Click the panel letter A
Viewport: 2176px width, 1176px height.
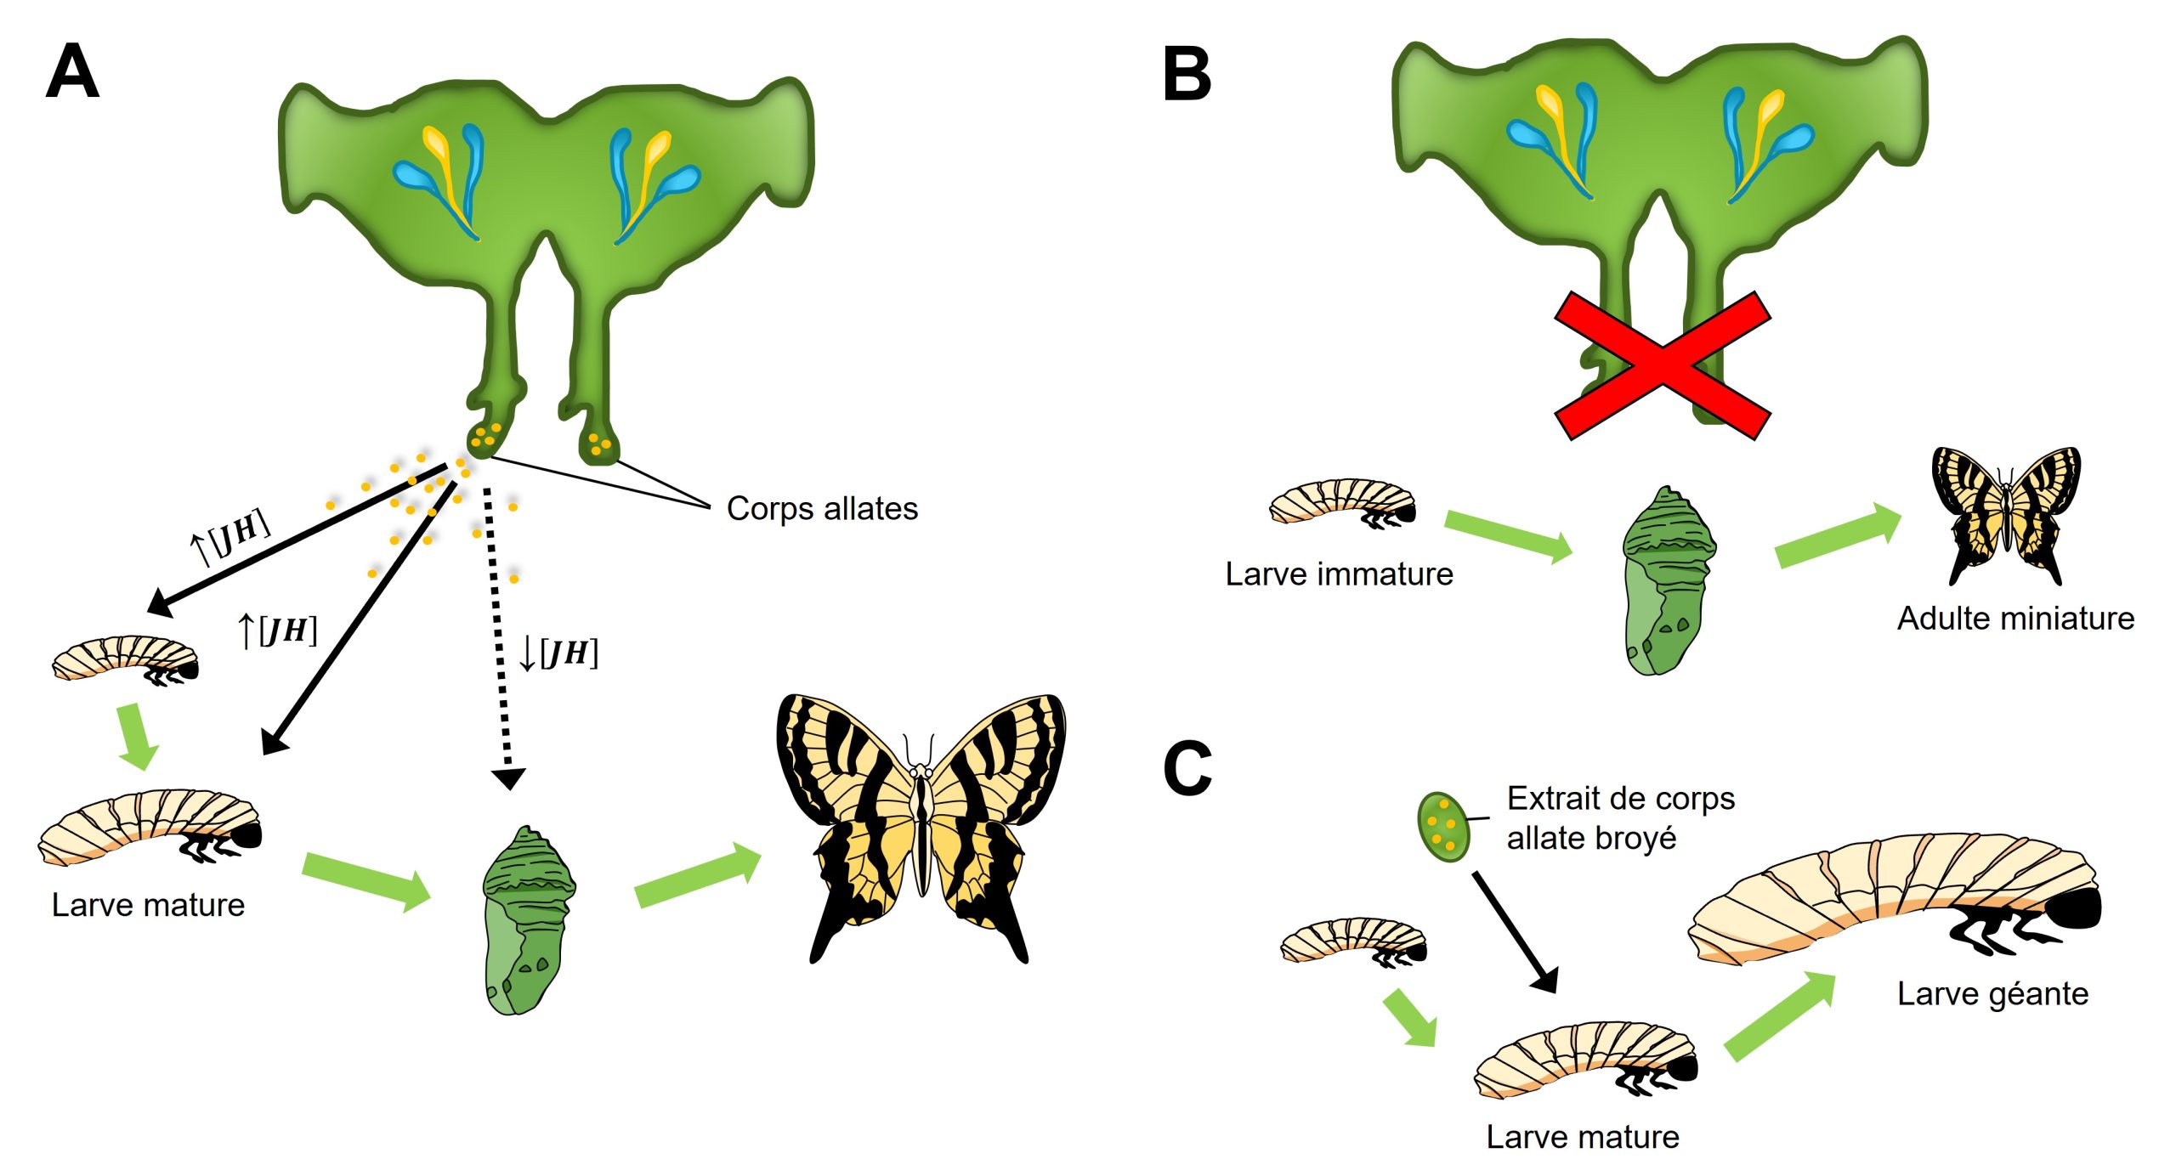(x=72, y=72)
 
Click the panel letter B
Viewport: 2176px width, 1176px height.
(x=1187, y=75)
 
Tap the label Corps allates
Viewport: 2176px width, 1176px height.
(x=822, y=508)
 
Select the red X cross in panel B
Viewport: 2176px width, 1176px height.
(x=1662, y=365)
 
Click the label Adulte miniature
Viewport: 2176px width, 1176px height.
(x=2015, y=618)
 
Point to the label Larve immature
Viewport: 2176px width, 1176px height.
(x=1339, y=574)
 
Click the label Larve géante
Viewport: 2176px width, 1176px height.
(x=1992, y=993)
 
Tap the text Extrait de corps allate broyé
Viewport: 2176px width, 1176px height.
(x=1619, y=817)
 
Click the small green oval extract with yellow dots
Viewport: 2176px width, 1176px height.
(x=1442, y=827)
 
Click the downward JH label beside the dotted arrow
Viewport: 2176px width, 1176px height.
(x=558, y=653)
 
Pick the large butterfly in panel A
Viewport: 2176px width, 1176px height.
(x=920, y=824)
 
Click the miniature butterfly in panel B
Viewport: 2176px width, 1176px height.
(x=2006, y=514)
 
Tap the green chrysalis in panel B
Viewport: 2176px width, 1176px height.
(x=1667, y=582)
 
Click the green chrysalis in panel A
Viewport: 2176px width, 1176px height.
(x=527, y=921)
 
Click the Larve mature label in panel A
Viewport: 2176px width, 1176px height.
(x=148, y=905)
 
